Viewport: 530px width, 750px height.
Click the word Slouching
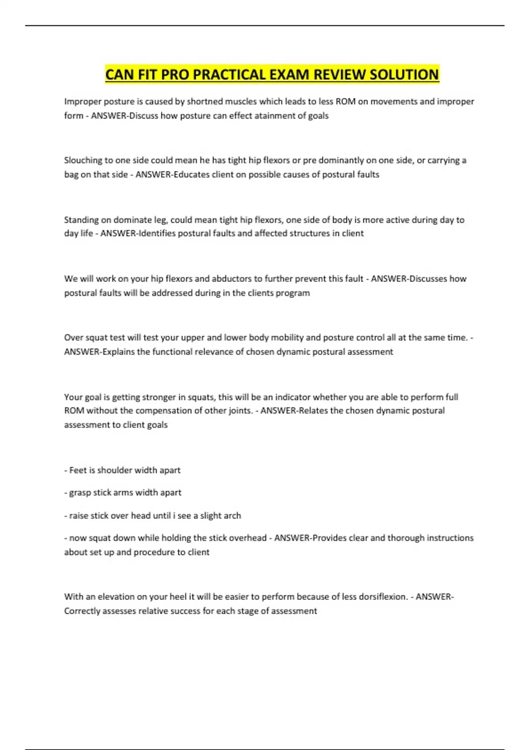(x=83, y=160)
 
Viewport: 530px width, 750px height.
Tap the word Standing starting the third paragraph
(x=81, y=220)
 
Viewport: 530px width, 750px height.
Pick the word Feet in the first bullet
(x=78, y=470)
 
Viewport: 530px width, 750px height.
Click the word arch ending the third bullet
(x=232, y=515)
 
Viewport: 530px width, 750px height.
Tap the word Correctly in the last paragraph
(x=82, y=611)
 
